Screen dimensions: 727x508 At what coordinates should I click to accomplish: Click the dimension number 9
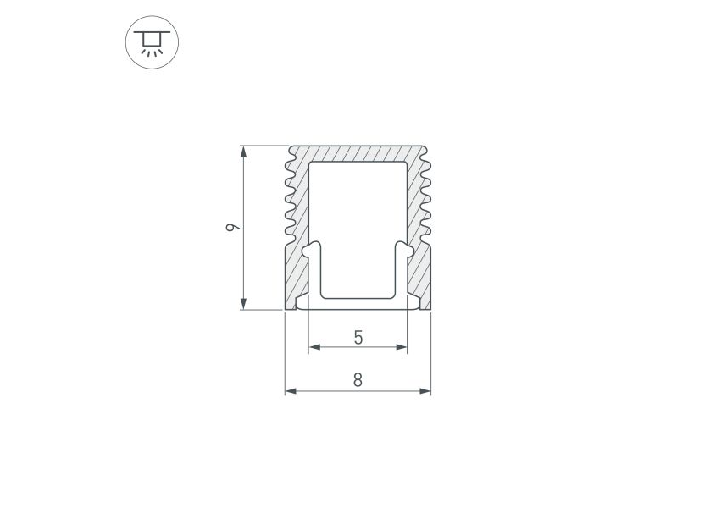(x=233, y=228)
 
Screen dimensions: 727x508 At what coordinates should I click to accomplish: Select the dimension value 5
(x=358, y=338)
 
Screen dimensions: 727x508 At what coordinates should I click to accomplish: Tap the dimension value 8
(x=358, y=380)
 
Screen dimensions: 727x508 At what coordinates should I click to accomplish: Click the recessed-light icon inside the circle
(x=152, y=42)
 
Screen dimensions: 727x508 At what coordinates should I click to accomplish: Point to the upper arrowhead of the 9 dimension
(x=243, y=152)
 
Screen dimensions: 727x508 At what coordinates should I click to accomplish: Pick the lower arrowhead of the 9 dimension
(x=243, y=304)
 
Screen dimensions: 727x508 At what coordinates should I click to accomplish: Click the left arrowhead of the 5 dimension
(x=315, y=347)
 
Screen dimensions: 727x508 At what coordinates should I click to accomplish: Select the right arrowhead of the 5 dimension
(x=401, y=347)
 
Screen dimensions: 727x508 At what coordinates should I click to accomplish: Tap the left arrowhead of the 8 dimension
(x=291, y=391)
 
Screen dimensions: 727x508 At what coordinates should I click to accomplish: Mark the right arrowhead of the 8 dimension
(x=425, y=391)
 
